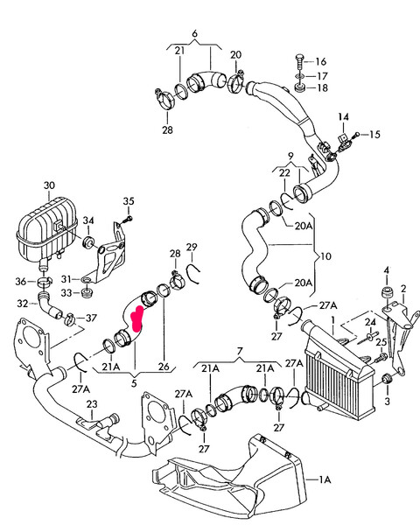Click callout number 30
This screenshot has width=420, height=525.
click(x=49, y=185)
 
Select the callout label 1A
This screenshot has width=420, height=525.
click(x=325, y=479)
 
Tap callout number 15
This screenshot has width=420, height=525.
click(x=375, y=134)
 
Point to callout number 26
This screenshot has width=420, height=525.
click(x=164, y=367)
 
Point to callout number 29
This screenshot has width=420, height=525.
click(x=192, y=246)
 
